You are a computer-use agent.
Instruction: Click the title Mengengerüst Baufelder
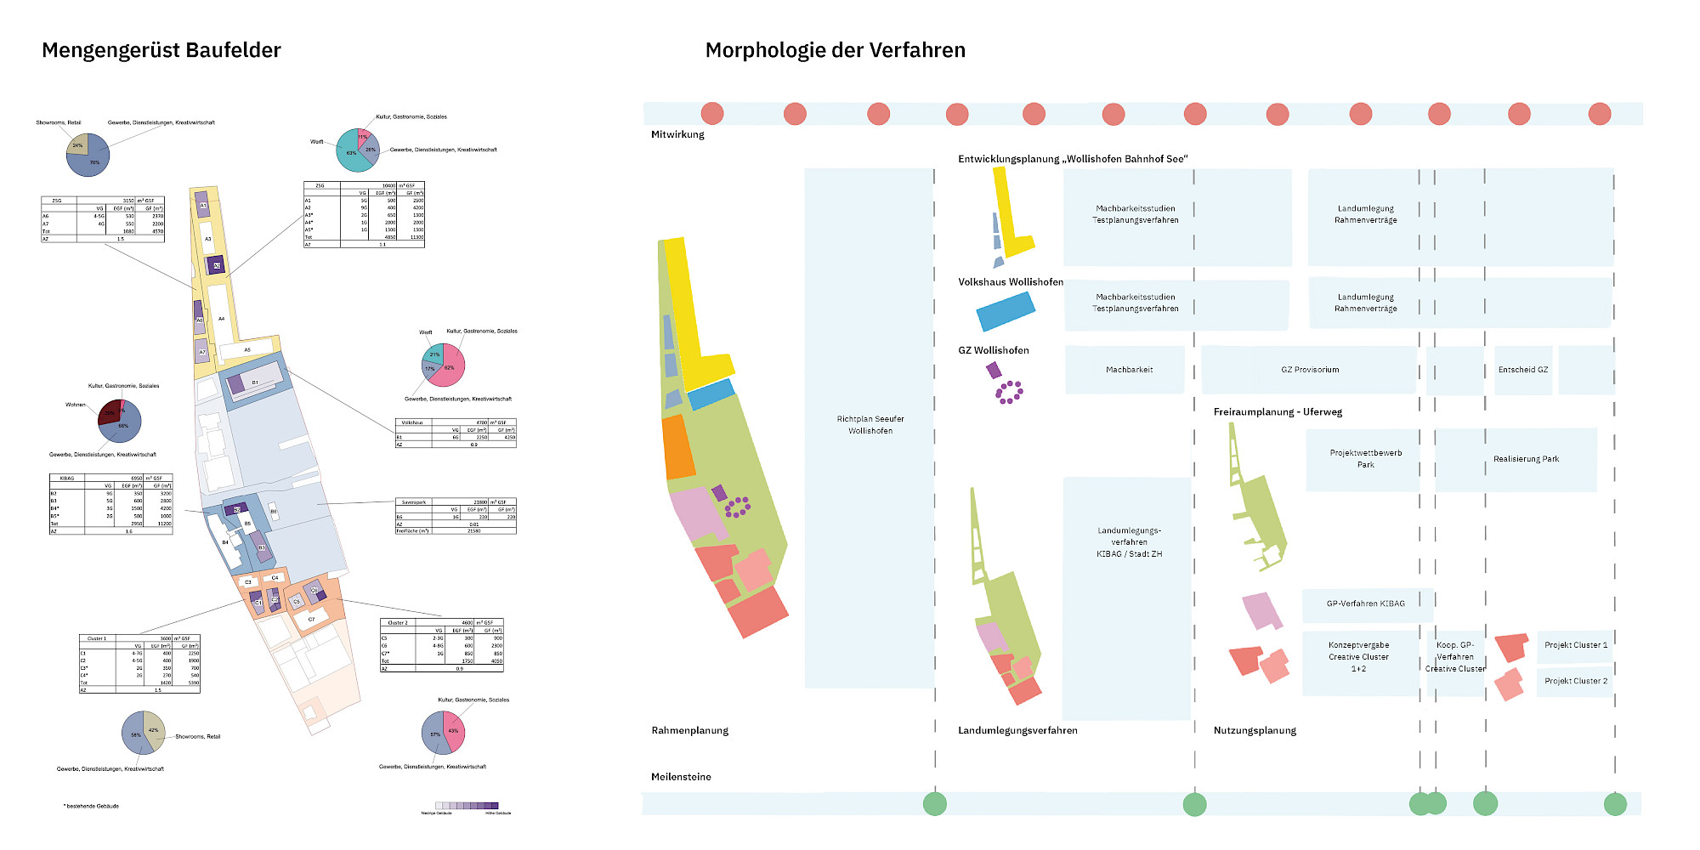(x=161, y=50)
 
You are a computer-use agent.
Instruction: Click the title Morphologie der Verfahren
(x=835, y=50)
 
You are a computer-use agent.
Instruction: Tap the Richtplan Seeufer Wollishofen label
(x=870, y=425)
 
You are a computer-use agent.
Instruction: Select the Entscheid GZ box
(x=1522, y=370)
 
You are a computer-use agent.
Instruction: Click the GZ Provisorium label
(x=1310, y=370)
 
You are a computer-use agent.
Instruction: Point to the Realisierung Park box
(x=1526, y=459)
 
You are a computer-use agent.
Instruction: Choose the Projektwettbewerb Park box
(x=1365, y=459)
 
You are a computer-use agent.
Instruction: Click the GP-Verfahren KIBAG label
(x=1365, y=603)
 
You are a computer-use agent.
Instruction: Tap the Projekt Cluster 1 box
(x=1575, y=645)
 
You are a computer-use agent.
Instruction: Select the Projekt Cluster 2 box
(x=1575, y=681)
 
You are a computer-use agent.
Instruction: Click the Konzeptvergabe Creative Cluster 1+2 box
(x=1358, y=657)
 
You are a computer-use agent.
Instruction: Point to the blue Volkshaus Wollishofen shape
(x=1006, y=311)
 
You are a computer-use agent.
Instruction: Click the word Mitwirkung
(x=677, y=134)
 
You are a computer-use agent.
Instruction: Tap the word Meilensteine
(x=681, y=777)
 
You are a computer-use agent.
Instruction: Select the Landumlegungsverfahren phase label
(x=1017, y=730)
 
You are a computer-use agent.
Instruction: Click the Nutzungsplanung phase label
(x=1255, y=730)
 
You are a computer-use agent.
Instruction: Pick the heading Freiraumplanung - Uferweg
(x=1278, y=412)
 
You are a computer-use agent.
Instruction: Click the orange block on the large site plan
(x=677, y=446)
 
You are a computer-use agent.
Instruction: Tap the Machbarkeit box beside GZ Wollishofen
(x=1129, y=370)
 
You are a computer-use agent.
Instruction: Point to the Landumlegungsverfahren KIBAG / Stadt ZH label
(x=1129, y=542)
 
